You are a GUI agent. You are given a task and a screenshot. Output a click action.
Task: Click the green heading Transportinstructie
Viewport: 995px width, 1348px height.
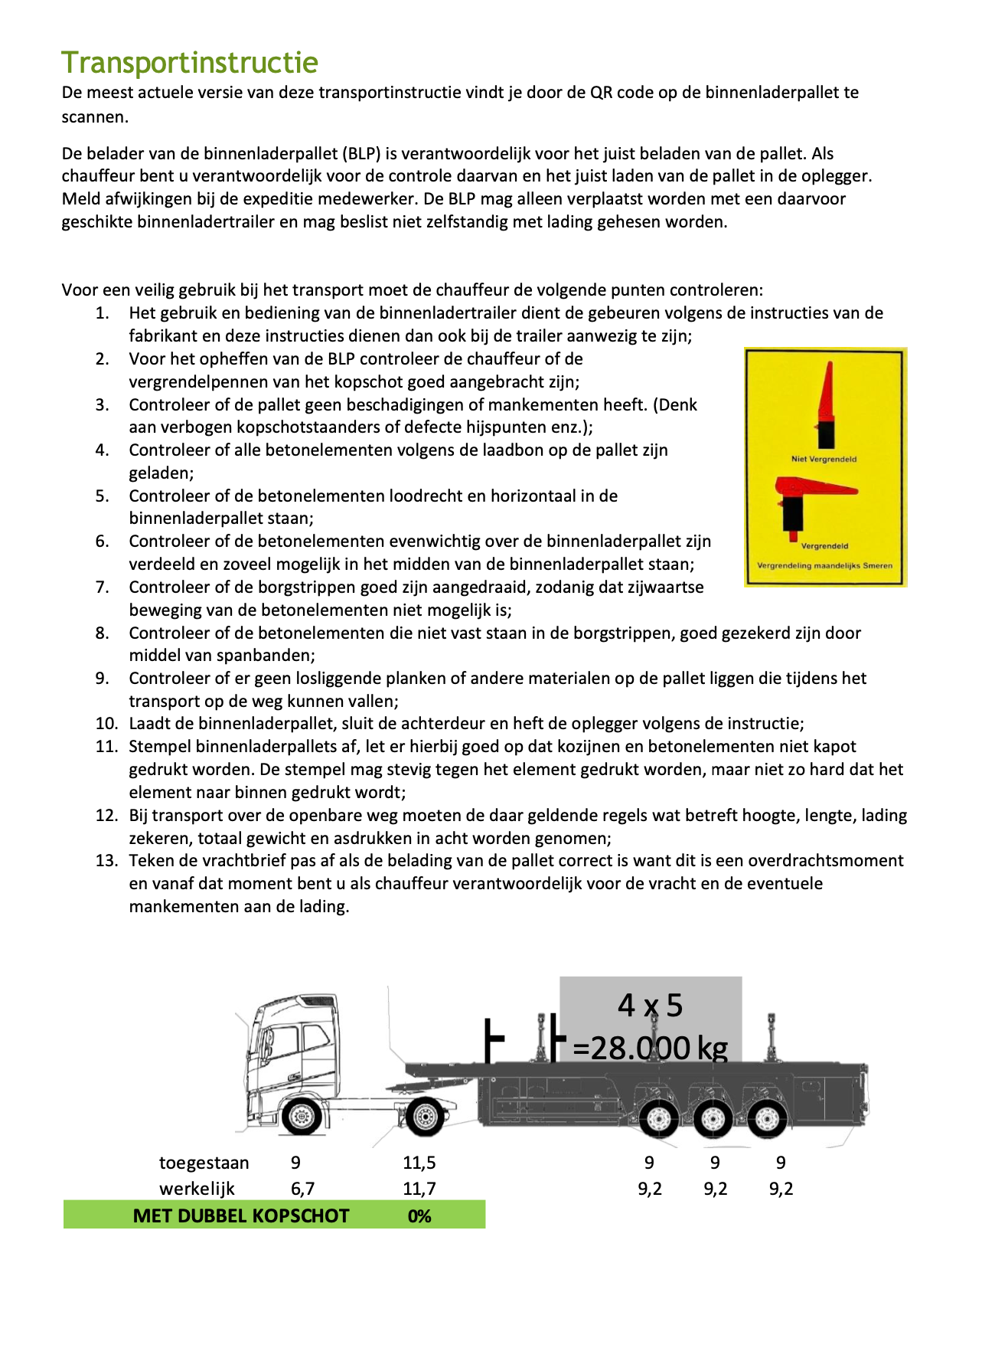coord(190,63)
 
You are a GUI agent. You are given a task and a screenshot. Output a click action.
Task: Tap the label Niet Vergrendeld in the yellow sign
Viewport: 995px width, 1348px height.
coord(824,459)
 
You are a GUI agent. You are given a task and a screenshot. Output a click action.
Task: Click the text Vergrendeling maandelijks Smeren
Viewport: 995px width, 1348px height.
coord(824,565)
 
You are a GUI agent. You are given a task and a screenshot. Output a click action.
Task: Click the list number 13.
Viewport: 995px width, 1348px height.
coord(106,861)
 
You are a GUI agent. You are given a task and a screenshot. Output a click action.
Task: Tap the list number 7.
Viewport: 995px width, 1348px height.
coord(103,587)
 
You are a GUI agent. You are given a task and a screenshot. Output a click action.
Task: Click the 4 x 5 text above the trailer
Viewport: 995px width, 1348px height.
coord(650,1005)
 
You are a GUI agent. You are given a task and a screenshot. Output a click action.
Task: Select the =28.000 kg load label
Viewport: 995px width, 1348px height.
coord(650,1047)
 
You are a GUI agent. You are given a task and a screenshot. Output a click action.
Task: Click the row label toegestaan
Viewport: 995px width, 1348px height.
coord(204,1163)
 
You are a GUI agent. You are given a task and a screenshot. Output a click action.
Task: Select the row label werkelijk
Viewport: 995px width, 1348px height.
coord(197,1189)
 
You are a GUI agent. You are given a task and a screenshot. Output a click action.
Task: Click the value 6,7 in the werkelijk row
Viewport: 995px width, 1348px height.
coord(302,1189)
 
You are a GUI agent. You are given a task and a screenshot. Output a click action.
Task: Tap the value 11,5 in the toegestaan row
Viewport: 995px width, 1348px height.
coord(419,1163)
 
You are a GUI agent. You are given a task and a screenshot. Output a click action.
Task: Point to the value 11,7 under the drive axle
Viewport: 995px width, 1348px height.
coord(419,1189)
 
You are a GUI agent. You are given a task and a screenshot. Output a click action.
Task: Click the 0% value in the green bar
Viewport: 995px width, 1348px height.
coord(419,1216)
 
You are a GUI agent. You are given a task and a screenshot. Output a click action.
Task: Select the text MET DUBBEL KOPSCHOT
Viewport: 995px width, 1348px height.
coord(241,1216)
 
